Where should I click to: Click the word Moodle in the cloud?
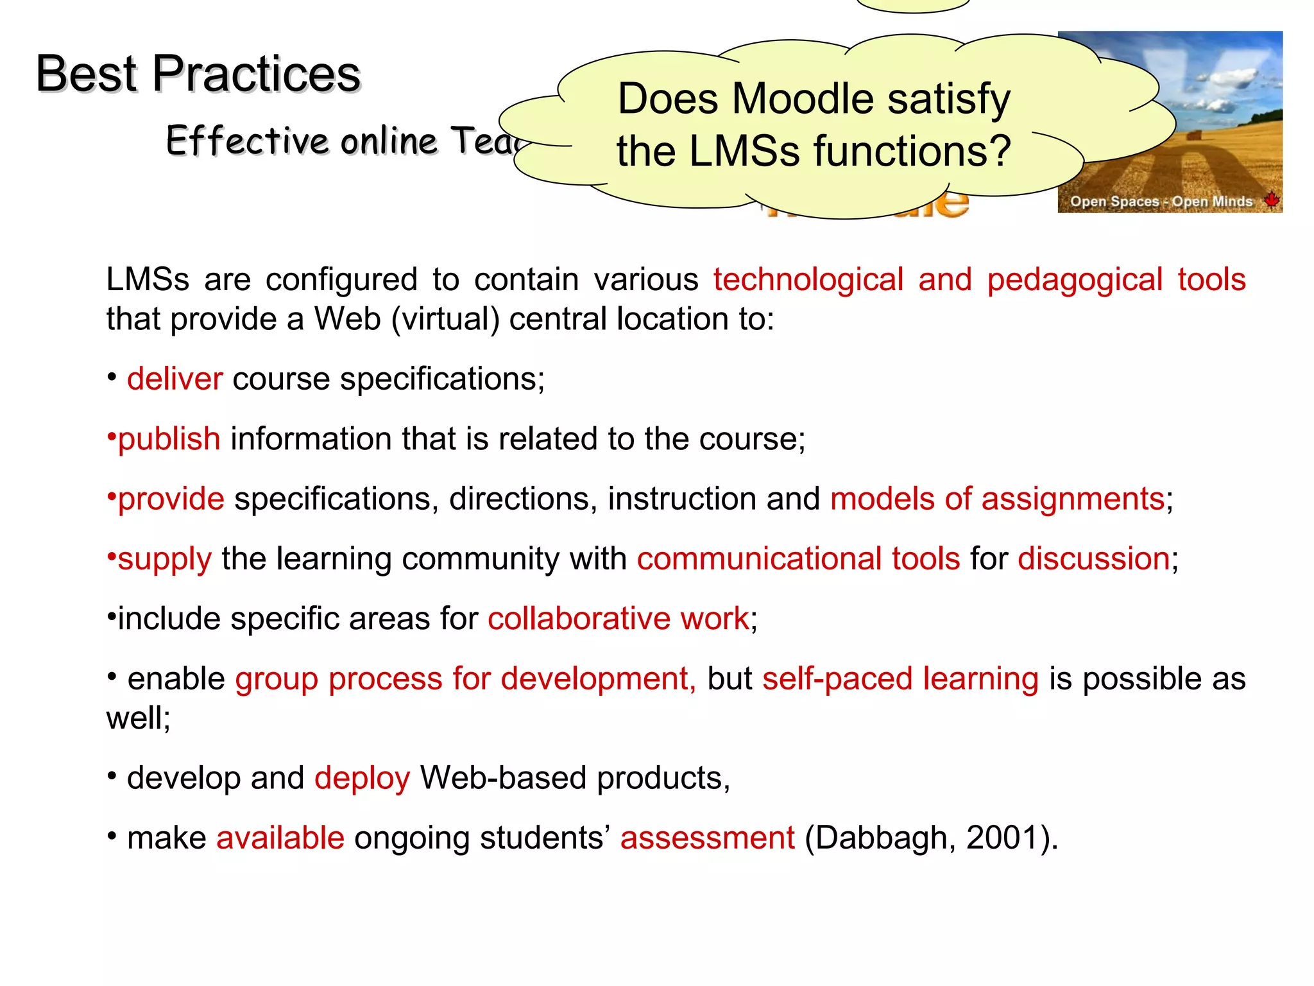[803, 99]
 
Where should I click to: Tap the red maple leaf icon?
[1271, 200]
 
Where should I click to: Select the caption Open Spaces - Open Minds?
[1161, 202]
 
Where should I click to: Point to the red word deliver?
[175, 379]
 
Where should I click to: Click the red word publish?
[169, 439]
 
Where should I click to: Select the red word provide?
[171, 499]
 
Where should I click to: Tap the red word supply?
[165, 559]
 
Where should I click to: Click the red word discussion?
[1094, 558]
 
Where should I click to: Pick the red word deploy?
[362, 779]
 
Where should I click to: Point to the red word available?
[280, 838]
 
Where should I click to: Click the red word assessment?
[708, 838]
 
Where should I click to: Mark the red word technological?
[808, 280]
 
